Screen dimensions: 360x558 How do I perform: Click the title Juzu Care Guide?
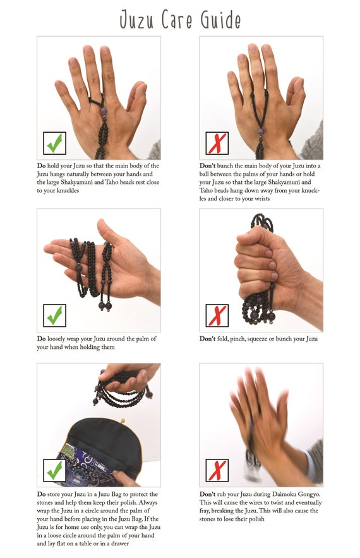coord(180,20)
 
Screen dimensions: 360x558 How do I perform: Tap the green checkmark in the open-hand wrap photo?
coord(54,315)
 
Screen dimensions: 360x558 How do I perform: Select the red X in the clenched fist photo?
coord(217,315)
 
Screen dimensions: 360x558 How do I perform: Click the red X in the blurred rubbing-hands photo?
coord(217,470)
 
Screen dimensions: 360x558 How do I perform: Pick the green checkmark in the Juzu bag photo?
coord(54,470)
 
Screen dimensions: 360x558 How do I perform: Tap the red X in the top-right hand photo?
coord(217,143)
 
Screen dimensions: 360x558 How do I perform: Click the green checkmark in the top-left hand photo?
coord(54,143)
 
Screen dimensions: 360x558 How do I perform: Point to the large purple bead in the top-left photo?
coord(103,111)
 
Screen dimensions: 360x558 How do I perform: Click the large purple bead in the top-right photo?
coord(261,131)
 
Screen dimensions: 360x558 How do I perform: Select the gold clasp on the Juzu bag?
coord(123,421)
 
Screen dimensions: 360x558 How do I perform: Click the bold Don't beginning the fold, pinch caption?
coord(207,339)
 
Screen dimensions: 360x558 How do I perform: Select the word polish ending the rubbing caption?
coord(256,519)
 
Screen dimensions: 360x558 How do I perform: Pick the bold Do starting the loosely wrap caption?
coord(41,339)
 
